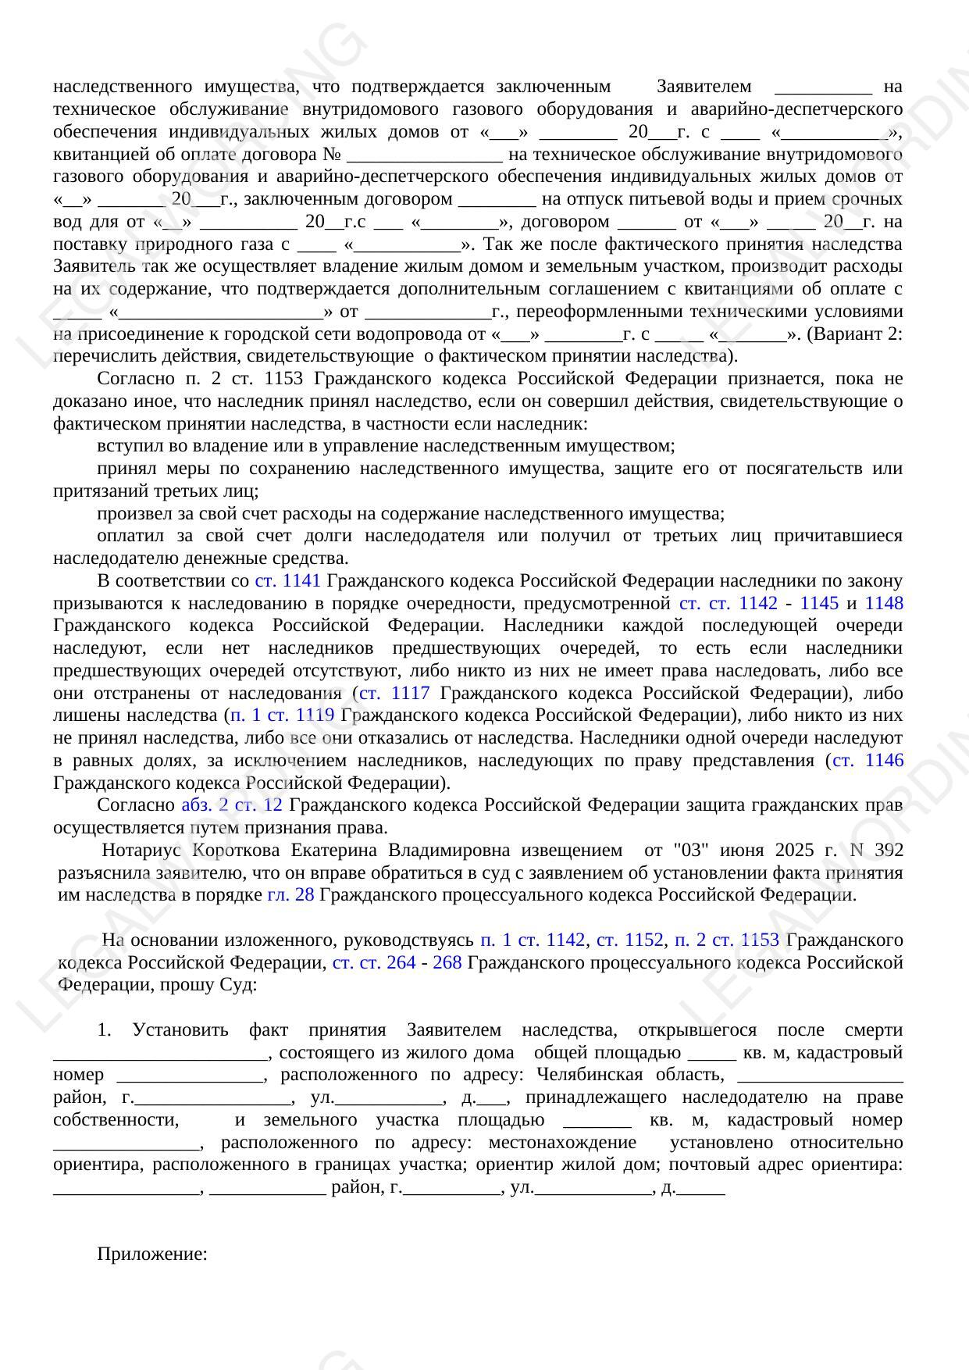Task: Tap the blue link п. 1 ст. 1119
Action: tap(283, 715)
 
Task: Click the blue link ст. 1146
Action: tap(868, 761)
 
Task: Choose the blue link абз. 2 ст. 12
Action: tap(232, 805)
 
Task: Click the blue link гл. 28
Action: tap(290, 895)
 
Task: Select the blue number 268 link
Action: tap(447, 962)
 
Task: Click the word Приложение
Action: tap(151, 1254)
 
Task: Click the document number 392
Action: tap(889, 851)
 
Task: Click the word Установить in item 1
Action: tap(180, 1030)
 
